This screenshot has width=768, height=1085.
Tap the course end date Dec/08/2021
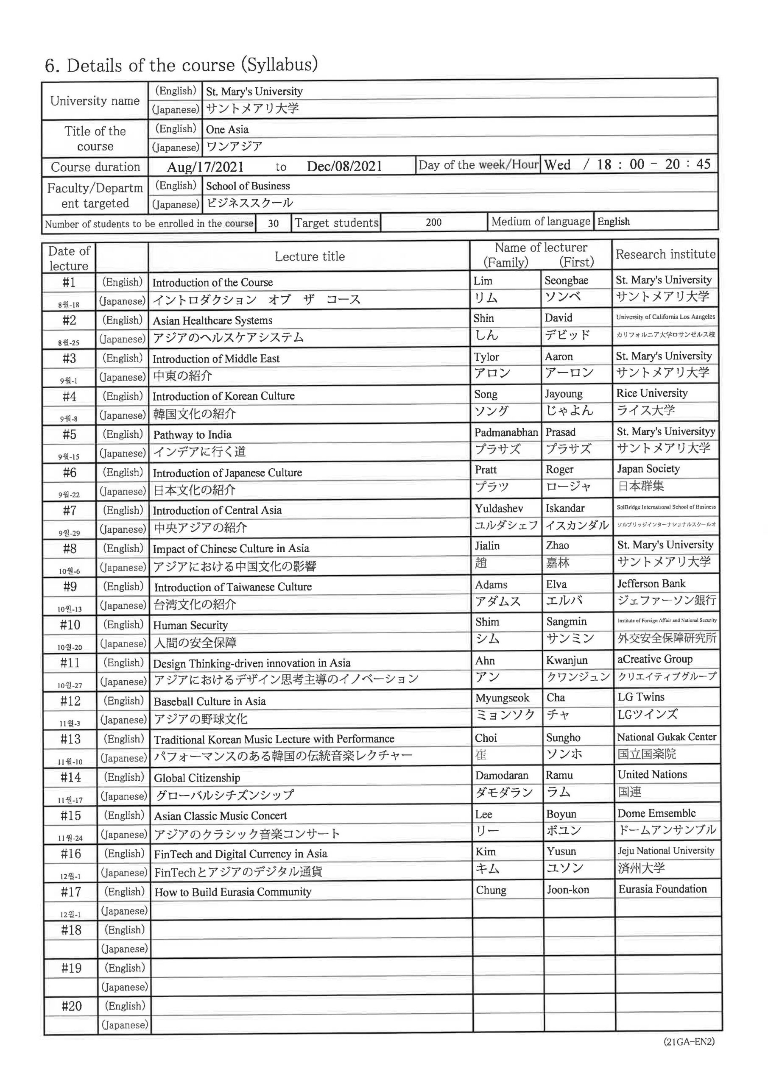[344, 166]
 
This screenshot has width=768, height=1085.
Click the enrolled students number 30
[274, 223]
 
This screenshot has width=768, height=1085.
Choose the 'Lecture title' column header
[310, 256]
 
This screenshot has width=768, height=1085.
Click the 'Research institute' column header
[665, 254]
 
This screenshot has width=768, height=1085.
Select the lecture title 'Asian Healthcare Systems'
[212, 320]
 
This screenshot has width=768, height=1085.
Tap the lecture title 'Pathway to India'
[192, 434]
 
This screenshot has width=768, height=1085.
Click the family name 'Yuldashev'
[499, 509]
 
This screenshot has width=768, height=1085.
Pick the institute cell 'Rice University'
[652, 393]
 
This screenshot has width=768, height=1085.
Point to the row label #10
[70, 625]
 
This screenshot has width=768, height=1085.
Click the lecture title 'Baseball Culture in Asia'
[209, 701]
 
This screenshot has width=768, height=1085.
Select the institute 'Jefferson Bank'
[651, 584]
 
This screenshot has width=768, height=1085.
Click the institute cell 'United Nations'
[652, 774]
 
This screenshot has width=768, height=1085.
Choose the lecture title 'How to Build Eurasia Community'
[233, 892]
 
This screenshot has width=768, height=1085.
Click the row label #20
[71, 1006]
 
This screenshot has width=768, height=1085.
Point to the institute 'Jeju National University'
[665, 851]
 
